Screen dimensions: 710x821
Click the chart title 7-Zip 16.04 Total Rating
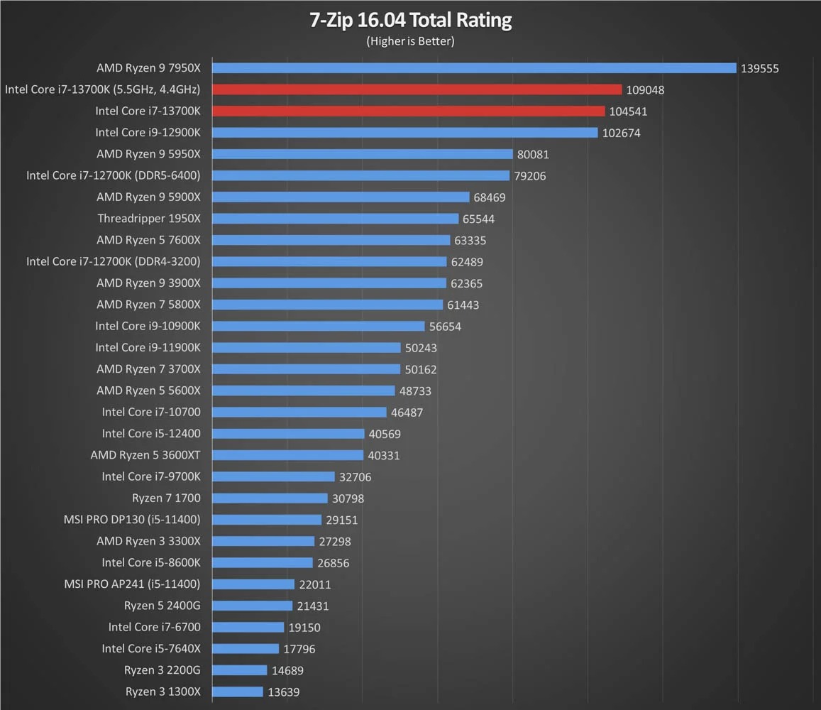[410, 20]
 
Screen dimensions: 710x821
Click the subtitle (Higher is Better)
[410, 41]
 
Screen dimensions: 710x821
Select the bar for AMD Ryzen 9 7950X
[474, 68]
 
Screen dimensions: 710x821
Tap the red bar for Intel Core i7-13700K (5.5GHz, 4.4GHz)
[417, 89]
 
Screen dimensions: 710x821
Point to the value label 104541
[628, 111]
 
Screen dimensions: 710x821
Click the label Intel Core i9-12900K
[148, 132]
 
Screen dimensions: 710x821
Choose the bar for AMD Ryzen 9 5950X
[362, 154]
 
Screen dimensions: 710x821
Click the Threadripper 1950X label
[149, 219]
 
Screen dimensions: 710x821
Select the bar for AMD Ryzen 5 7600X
[331, 240]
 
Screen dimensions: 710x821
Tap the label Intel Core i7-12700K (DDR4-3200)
[114, 261]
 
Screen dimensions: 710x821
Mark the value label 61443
[463, 305]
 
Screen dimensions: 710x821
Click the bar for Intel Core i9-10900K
[319, 326]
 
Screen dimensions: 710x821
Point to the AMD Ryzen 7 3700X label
[148, 369]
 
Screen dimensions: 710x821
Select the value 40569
[384, 434]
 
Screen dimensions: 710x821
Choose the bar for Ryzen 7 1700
[270, 498]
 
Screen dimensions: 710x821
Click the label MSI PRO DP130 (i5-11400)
[132, 520]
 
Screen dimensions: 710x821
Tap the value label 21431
[312, 606]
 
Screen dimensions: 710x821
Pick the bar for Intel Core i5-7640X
[246, 648]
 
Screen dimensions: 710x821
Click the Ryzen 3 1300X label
[163, 692]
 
